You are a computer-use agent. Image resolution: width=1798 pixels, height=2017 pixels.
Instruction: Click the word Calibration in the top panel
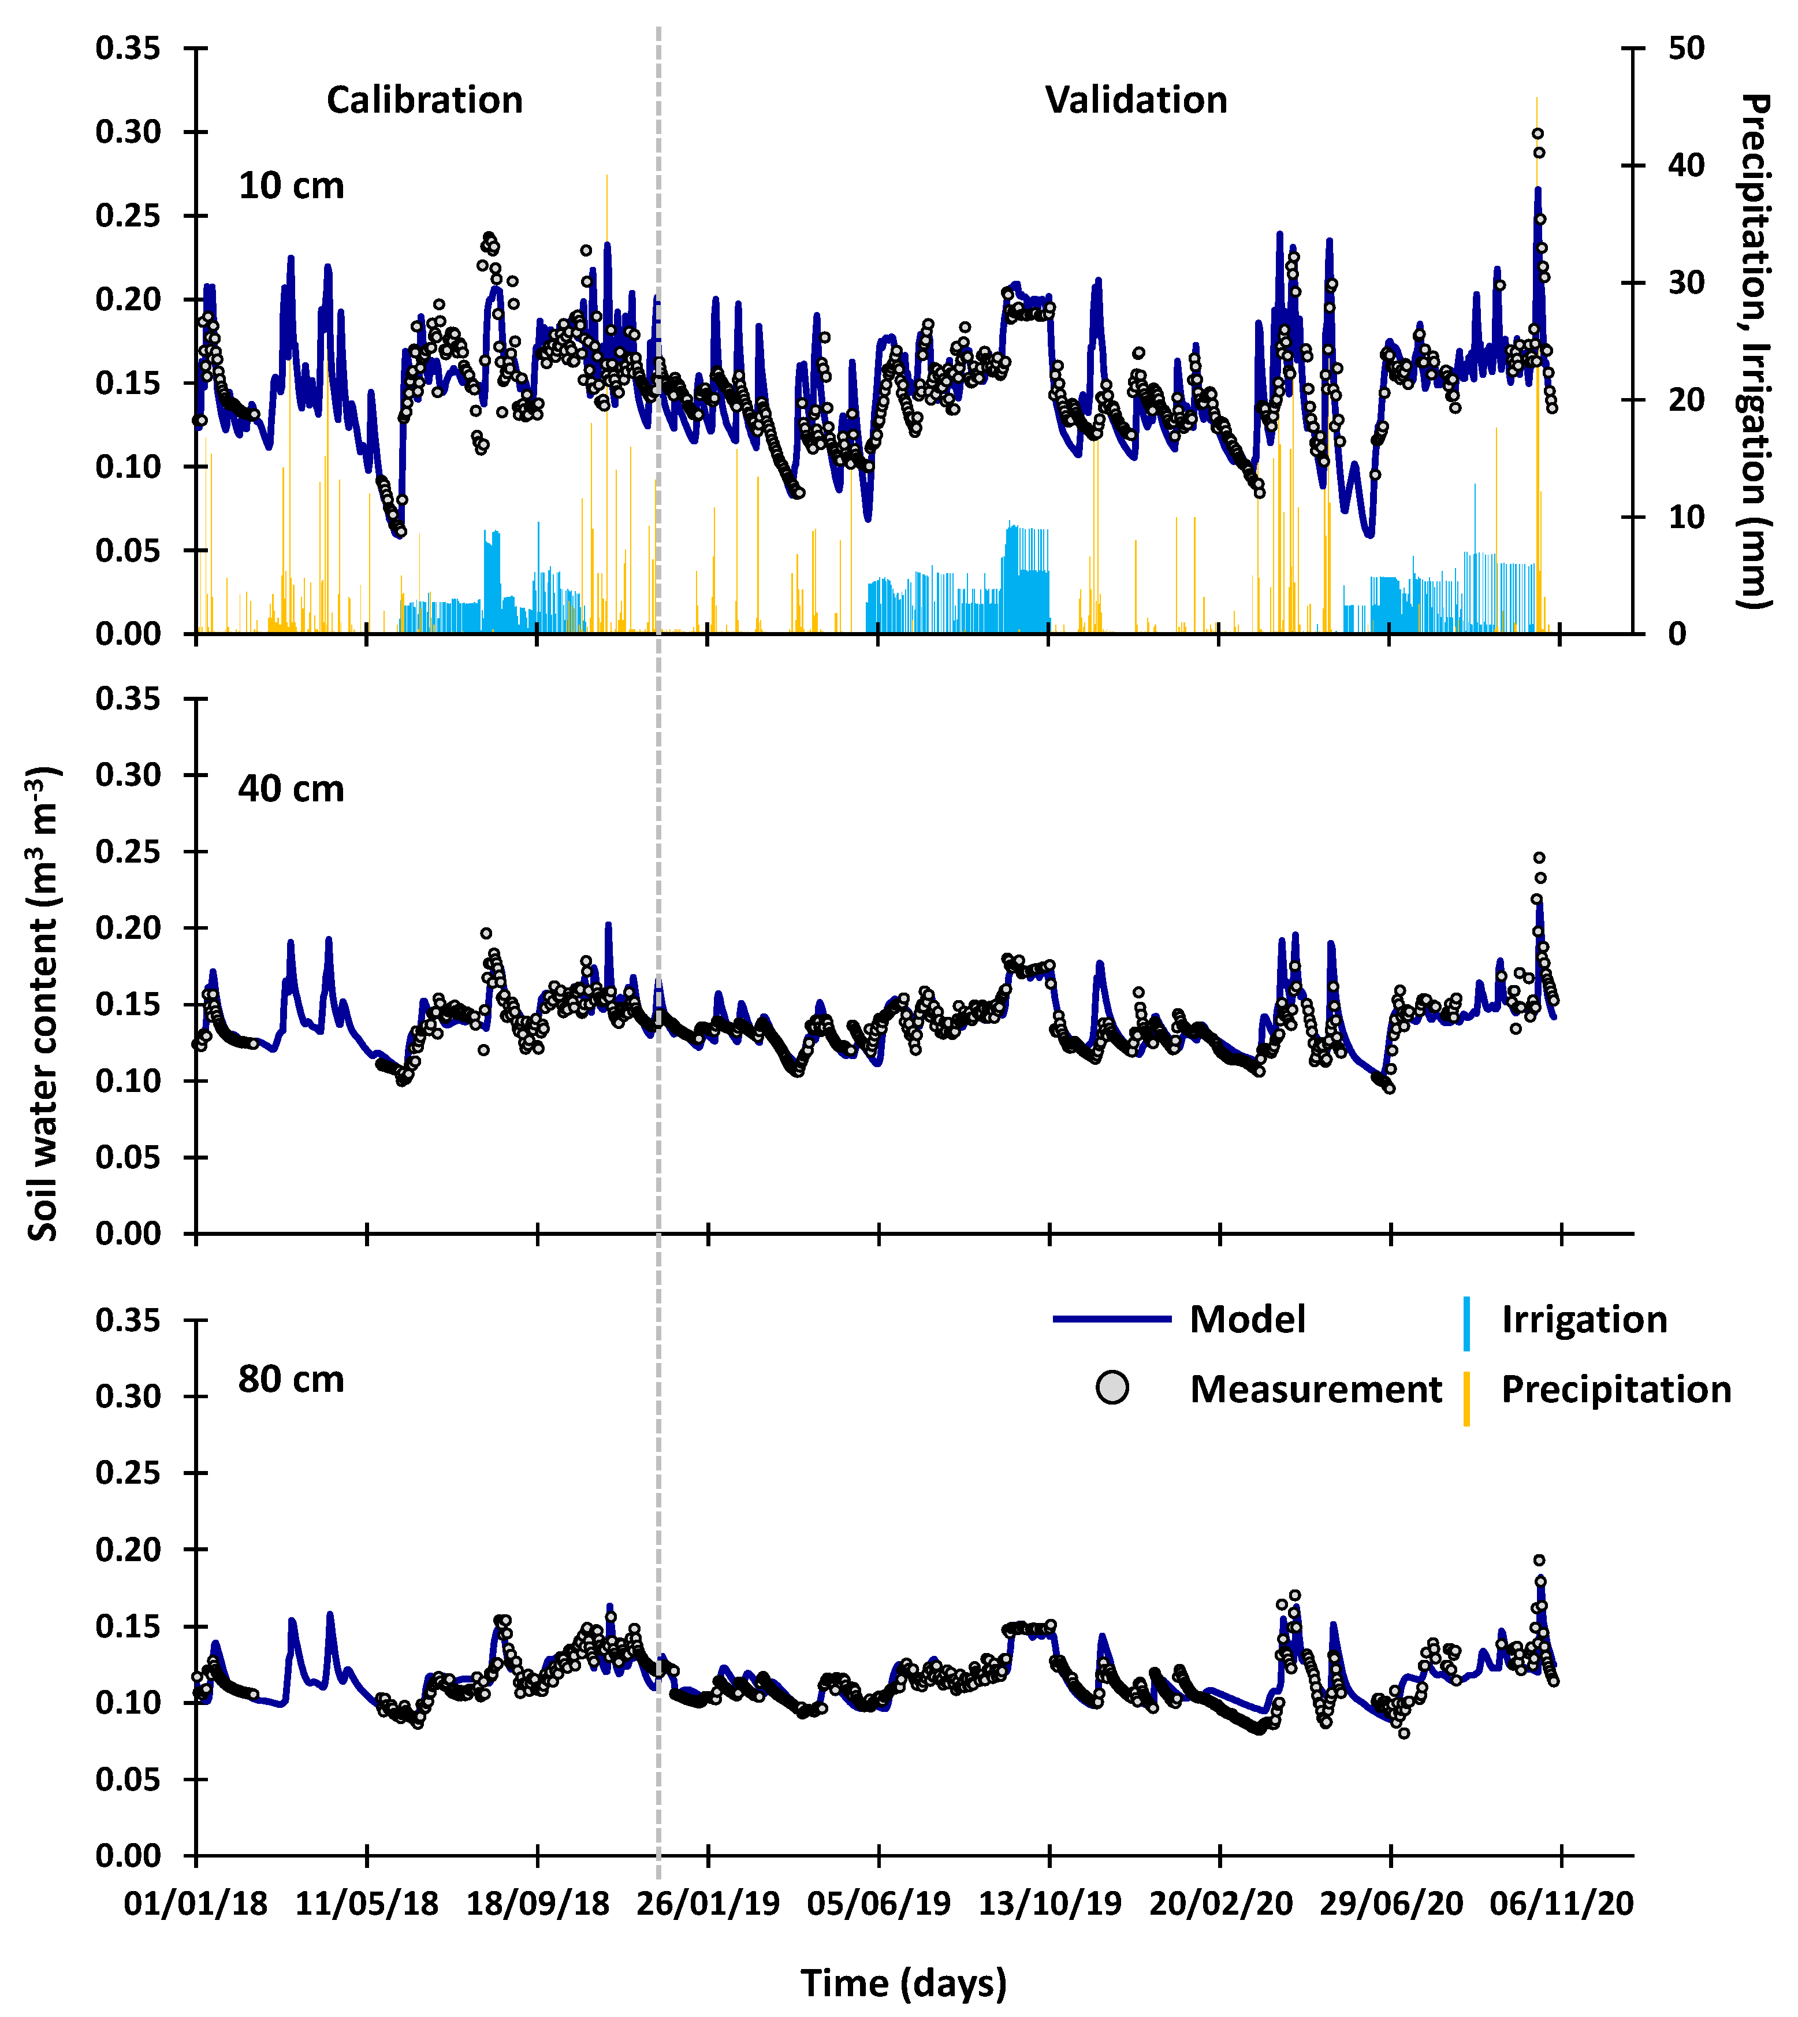click(x=424, y=100)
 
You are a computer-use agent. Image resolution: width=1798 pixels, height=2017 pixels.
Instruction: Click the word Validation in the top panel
click(x=1136, y=100)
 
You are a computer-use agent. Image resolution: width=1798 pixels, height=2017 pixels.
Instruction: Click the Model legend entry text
click(x=1247, y=1319)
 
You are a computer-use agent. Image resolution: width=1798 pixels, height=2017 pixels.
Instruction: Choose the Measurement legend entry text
click(x=1315, y=1390)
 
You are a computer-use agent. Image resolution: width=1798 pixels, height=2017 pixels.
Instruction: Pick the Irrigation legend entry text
click(x=1584, y=1319)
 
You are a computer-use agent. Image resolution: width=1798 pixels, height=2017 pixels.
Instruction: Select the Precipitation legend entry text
click(x=1616, y=1390)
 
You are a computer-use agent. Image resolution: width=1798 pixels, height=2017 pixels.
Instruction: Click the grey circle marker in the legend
click(x=1112, y=1388)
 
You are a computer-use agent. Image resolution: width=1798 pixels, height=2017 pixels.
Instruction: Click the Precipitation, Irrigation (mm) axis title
click(x=1755, y=351)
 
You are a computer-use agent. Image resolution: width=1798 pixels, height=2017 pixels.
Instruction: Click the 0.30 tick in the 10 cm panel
click(x=128, y=132)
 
